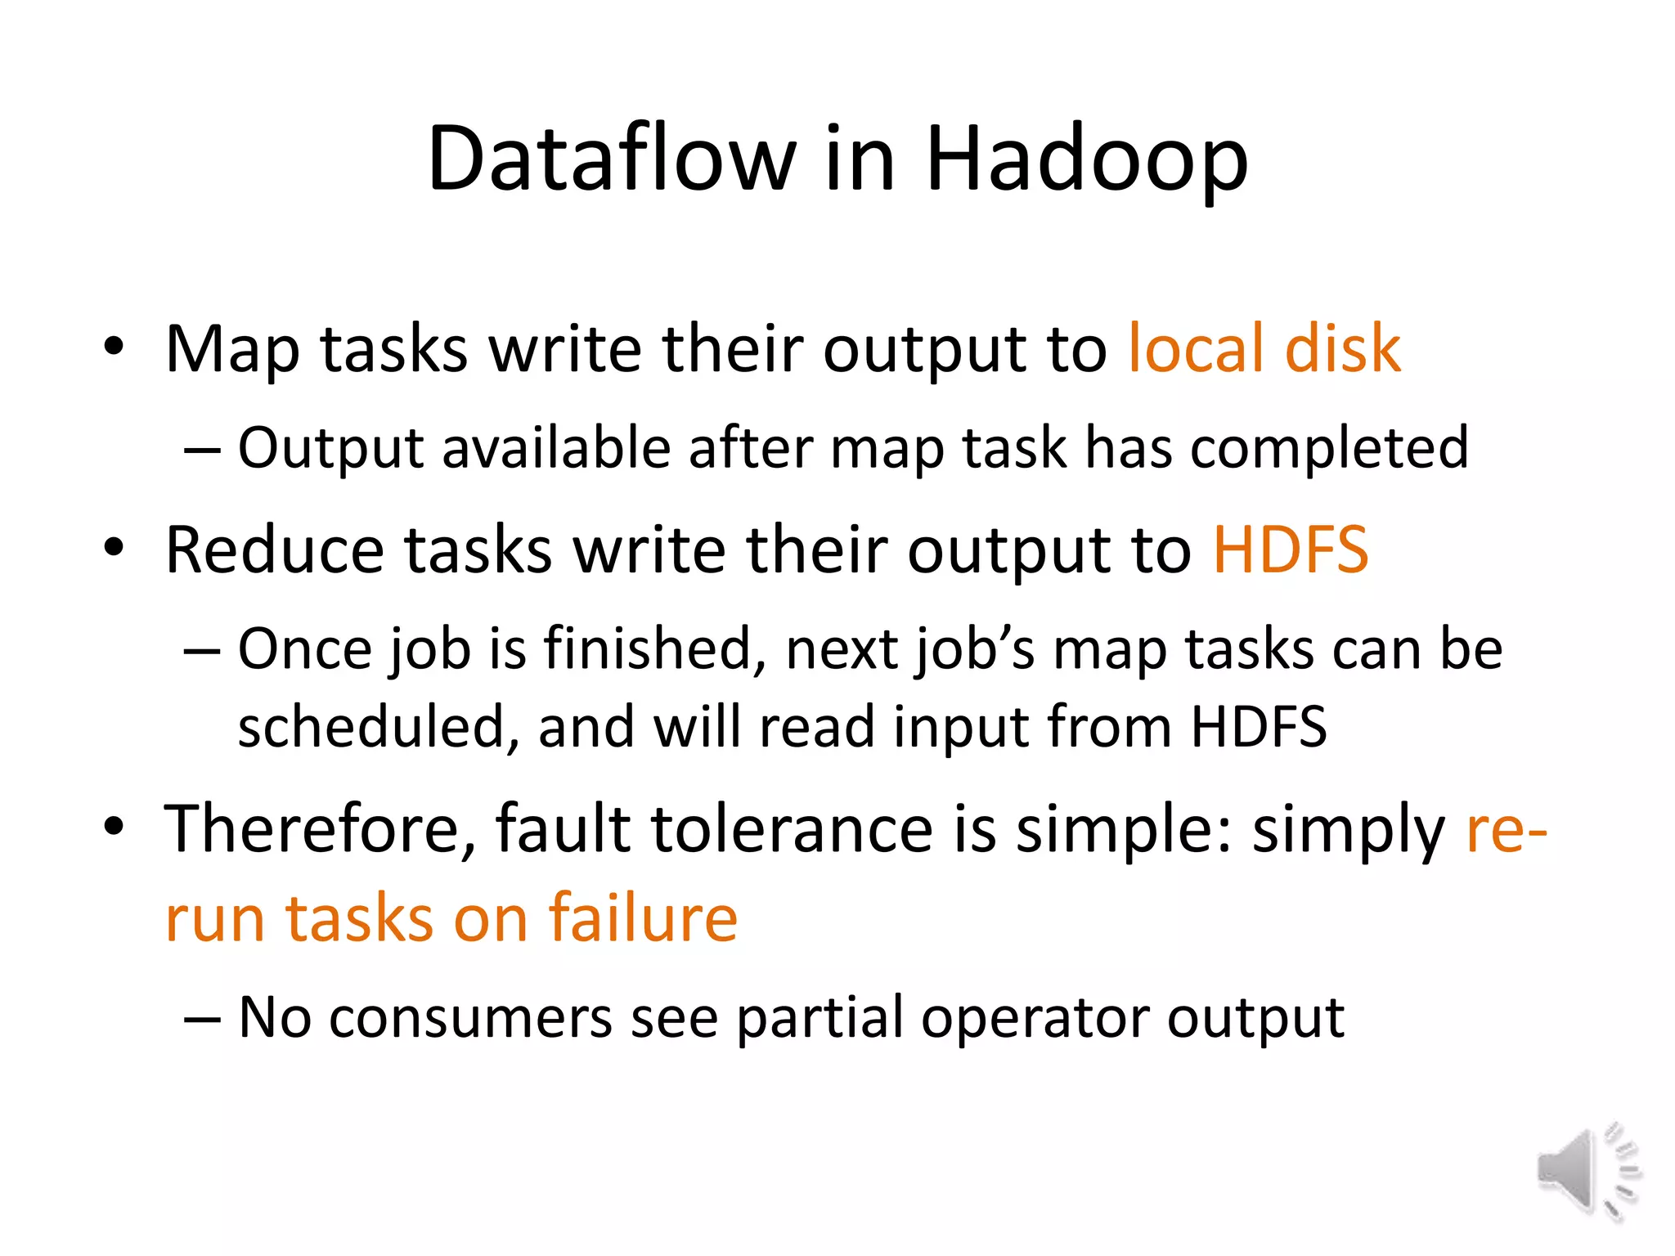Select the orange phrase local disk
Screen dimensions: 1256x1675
pyautogui.click(x=1264, y=349)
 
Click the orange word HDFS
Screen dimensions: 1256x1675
pyautogui.click(x=1290, y=550)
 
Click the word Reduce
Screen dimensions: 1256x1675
pyautogui.click(x=274, y=550)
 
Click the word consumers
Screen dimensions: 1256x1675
pyautogui.click(x=470, y=1019)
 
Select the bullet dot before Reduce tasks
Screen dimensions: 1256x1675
pyautogui.click(x=114, y=548)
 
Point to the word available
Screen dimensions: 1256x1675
pyautogui.click(x=555, y=449)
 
